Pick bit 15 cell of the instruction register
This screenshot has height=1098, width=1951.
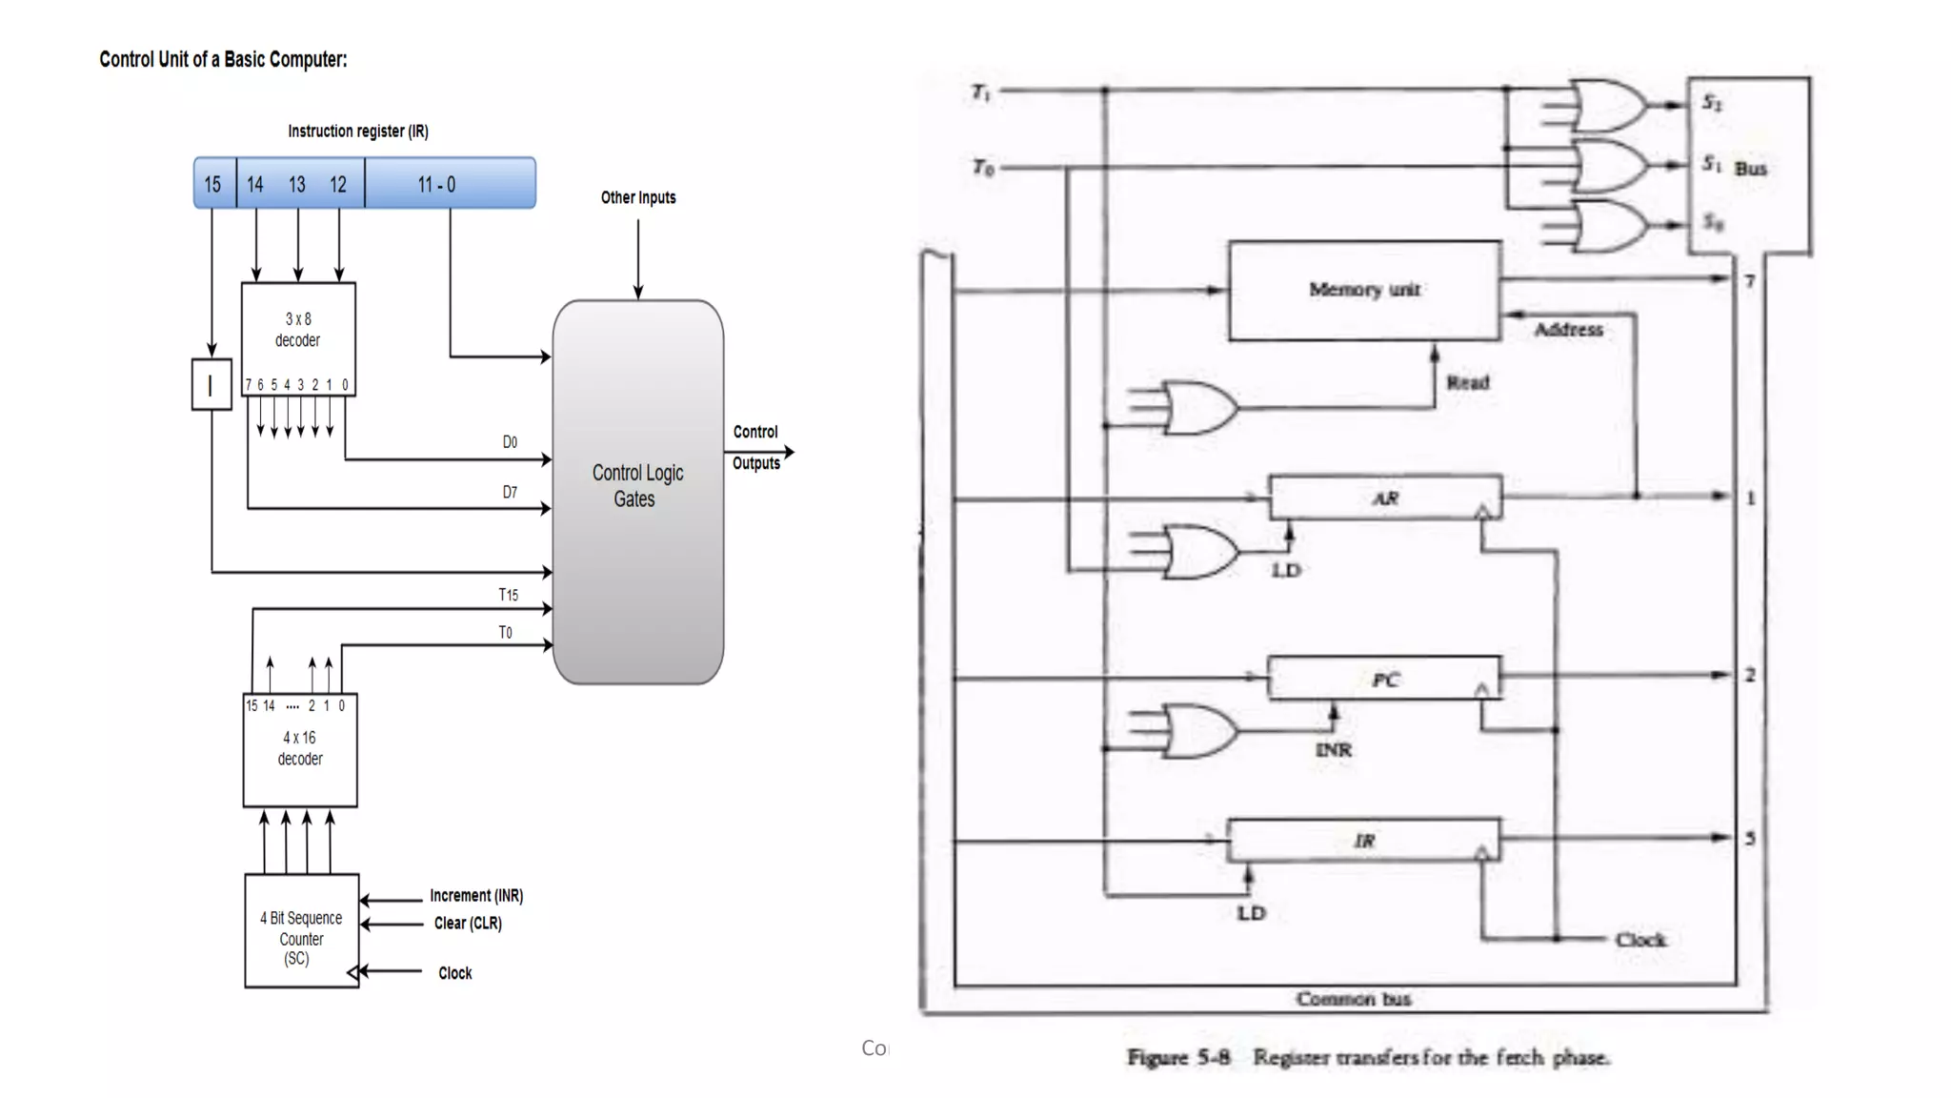(213, 183)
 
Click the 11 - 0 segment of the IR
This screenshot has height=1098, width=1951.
(449, 183)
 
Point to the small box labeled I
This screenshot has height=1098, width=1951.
(211, 384)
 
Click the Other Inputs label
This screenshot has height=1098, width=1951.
(637, 197)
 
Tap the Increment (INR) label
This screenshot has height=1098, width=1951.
(475, 896)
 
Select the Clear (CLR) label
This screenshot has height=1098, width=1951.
(467, 924)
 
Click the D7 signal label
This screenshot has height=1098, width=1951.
(510, 493)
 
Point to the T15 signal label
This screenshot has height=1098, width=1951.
(508, 595)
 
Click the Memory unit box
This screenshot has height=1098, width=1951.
(1363, 290)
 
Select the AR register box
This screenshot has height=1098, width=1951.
(1384, 498)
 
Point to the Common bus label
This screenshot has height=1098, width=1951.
(1353, 999)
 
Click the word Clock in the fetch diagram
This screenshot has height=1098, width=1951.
(1640, 940)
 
